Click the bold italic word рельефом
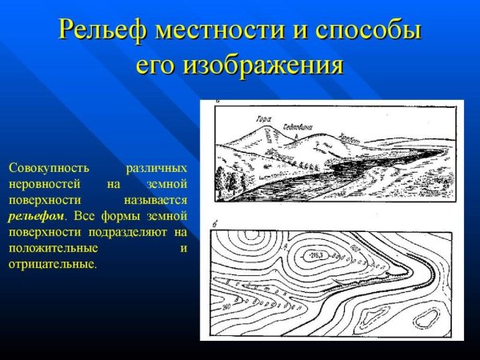[x=36, y=216]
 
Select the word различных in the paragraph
[x=157, y=169]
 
